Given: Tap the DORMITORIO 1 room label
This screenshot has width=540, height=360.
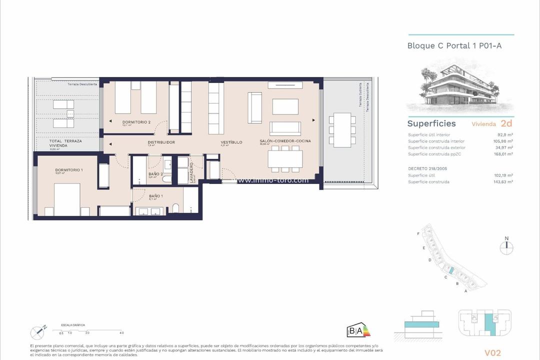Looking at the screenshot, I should click(69, 170).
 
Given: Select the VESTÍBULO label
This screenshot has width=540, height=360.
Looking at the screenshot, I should click(231, 142).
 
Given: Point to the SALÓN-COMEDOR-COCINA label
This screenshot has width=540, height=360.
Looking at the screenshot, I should click(285, 141).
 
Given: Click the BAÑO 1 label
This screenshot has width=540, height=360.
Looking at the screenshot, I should click(155, 195).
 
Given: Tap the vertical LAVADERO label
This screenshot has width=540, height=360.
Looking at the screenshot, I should click(191, 172).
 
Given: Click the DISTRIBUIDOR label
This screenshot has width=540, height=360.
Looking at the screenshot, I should click(161, 142).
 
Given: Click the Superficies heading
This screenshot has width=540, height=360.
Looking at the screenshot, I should click(431, 123).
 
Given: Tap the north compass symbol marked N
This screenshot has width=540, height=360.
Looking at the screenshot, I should click(506, 244).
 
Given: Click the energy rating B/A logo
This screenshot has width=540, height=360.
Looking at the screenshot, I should click(358, 330).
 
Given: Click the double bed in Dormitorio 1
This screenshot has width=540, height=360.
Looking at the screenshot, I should click(67, 200).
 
